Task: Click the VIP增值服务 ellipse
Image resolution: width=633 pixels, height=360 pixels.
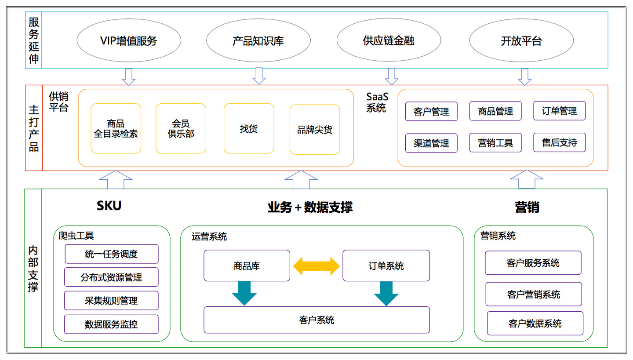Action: [129, 40]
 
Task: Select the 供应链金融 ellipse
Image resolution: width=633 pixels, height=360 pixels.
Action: [389, 40]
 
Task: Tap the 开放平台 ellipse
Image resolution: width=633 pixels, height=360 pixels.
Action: [521, 40]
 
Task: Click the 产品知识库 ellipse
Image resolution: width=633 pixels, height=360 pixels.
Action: [258, 40]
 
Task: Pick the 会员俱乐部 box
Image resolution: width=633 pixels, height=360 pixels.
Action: [181, 128]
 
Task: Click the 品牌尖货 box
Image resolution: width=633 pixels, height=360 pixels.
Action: [315, 129]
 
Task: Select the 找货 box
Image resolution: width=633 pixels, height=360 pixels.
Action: [249, 128]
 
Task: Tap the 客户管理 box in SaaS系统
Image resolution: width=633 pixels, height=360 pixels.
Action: [431, 111]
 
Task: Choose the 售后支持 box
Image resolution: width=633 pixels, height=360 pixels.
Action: [559, 142]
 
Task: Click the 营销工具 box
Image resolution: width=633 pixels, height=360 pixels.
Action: [495, 143]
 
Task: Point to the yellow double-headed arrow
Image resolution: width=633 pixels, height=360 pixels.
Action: [316, 266]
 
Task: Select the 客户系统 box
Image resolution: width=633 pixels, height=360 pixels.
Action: [316, 320]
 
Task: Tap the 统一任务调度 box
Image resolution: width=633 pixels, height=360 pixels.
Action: [111, 254]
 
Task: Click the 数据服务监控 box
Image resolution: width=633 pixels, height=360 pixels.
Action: [111, 324]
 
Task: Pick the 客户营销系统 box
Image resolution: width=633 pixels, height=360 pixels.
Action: [534, 294]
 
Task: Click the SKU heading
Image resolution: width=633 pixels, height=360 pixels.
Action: [109, 205]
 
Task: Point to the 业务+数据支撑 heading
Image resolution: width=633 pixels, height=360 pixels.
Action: [310, 207]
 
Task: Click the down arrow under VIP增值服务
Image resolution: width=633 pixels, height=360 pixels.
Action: [128, 77]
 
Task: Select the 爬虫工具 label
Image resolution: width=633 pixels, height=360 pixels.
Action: [76, 236]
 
